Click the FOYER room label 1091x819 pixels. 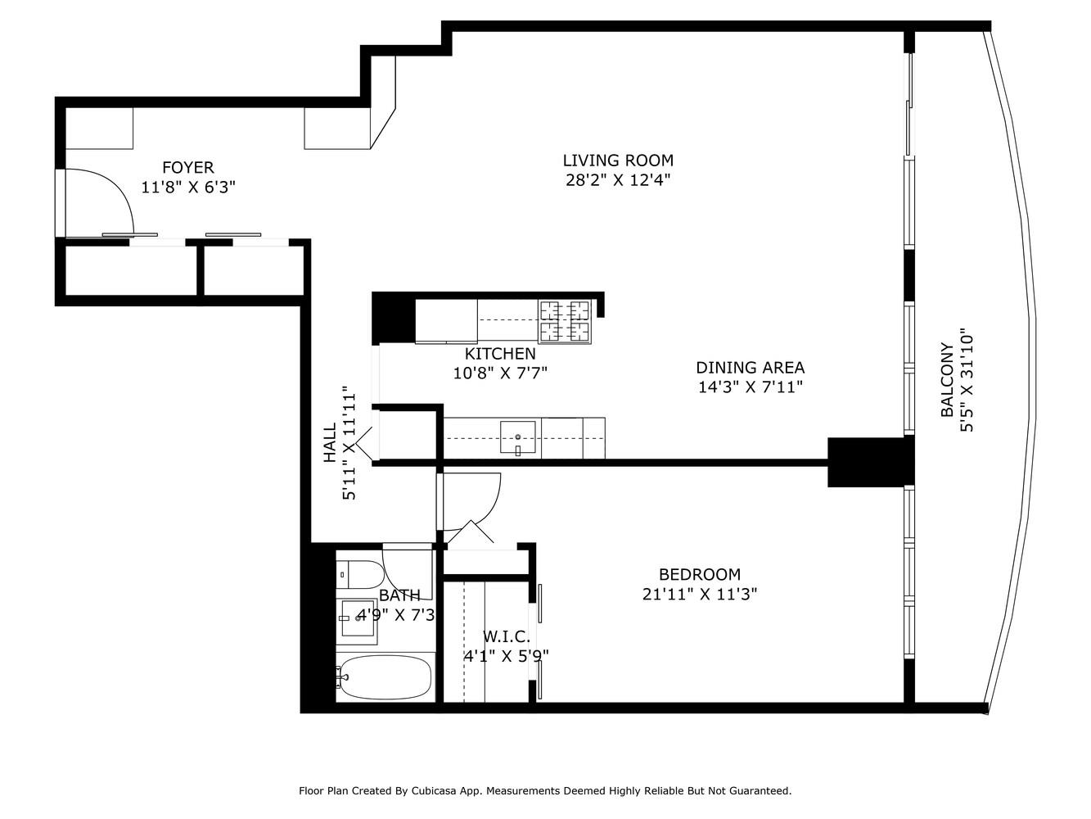tap(187, 168)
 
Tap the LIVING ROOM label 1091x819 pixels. tap(618, 161)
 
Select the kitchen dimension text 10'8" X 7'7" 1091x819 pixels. tap(500, 373)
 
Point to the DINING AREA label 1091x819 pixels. tap(750, 368)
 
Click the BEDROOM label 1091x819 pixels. tap(699, 575)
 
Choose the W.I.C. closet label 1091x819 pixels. tap(506, 636)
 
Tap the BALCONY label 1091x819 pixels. tap(947, 380)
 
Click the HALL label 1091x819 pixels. tap(330, 443)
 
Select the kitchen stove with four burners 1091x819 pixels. tap(564, 321)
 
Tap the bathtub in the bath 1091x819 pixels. tap(385, 677)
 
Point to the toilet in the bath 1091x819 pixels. tap(360, 574)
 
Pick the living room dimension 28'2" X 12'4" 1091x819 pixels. tap(618, 181)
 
